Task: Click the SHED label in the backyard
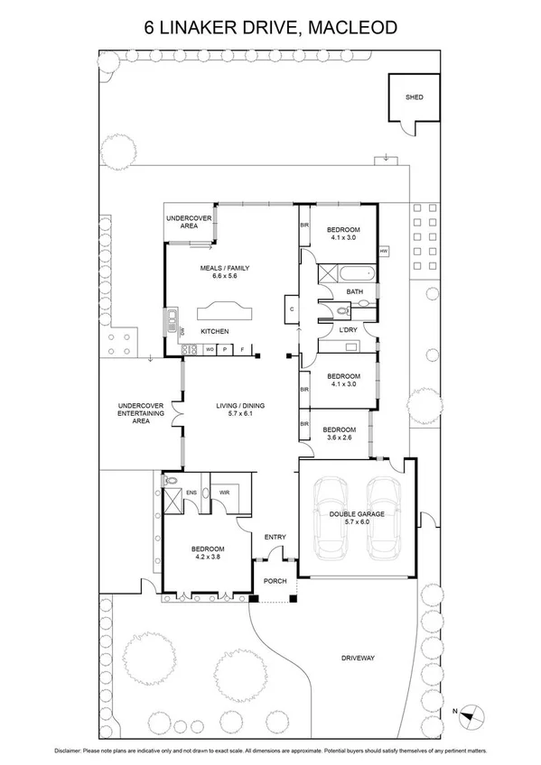click(414, 97)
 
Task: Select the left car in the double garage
click(330, 517)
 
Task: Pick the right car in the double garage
click(384, 517)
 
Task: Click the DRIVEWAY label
click(358, 658)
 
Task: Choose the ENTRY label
click(275, 538)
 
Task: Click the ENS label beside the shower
click(191, 493)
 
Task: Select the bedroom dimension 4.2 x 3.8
click(207, 557)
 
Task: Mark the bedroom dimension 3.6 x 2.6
click(339, 438)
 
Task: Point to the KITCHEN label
click(214, 332)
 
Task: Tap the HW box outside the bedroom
click(384, 251)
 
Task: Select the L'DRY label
click(348, 330)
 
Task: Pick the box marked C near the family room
click(292, 309)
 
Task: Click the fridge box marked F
click(241, 349)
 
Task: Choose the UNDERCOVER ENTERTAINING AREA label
click(140, 413)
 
